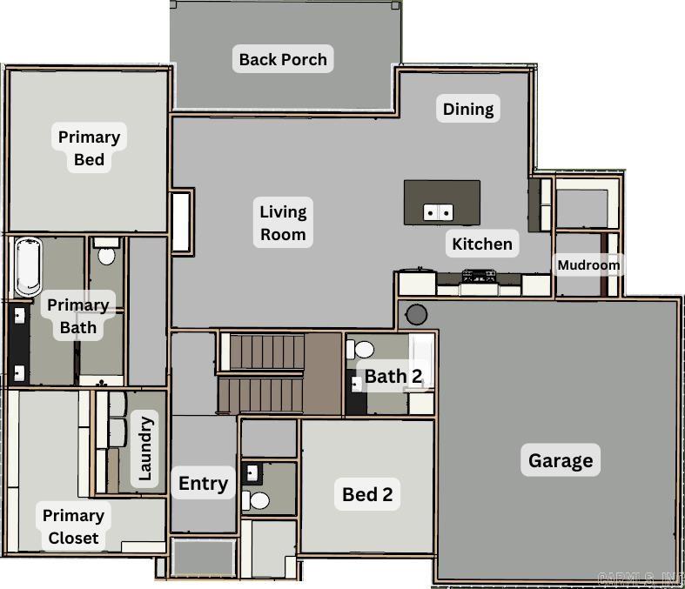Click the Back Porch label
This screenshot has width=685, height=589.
click(x=283, y=59)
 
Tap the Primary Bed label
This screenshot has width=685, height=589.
click(x=89, y=148)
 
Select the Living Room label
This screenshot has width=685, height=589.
click(x=283, y=222)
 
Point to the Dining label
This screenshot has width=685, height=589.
click(x=468, y=109)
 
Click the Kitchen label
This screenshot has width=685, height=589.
click(x=482, y=244)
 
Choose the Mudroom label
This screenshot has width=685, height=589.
click(x=588, y=264)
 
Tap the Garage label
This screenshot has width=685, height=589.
click(x=561, y=460)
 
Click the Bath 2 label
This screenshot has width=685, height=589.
click(x=393, y=376)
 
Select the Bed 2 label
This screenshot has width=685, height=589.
click(x=367, y=494)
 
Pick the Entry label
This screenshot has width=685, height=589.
click(x=203, y=483)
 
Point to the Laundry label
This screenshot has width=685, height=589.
click(x=145, y=449)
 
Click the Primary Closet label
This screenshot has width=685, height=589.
click(x=73, y=526)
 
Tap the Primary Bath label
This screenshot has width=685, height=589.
click(x=77, y=316)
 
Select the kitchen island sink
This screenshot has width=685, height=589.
click(x=438, y=211)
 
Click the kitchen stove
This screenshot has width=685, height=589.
click(x=478, y=276)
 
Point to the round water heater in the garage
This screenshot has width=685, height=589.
click(x=417, y=313)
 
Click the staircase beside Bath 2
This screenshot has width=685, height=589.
click(x=279, y=372)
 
